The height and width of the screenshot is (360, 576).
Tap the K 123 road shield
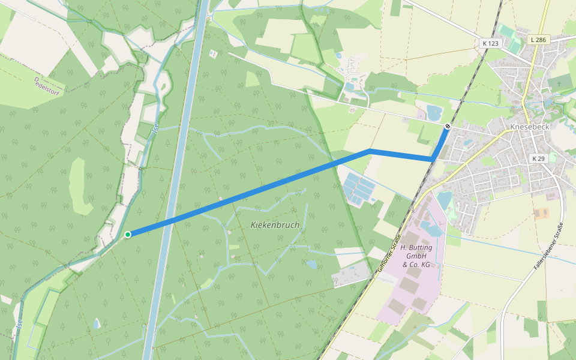pos(490,43)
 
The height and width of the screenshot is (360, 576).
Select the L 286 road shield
pos(538,40)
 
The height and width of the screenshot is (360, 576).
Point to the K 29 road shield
pos(538,158)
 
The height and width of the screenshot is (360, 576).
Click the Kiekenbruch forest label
pos(274,224)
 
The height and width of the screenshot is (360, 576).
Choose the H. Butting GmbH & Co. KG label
pos(416,256)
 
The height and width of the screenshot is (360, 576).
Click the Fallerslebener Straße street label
pos(549,246)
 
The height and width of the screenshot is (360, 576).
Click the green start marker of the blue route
pos(128,234)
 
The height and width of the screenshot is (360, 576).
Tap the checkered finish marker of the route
pos(447,126)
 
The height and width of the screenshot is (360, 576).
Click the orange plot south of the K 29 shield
pos(541,213)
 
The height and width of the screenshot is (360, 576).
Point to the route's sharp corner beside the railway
pos(432,158)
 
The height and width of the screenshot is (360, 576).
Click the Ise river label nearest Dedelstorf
pos(154,128)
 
